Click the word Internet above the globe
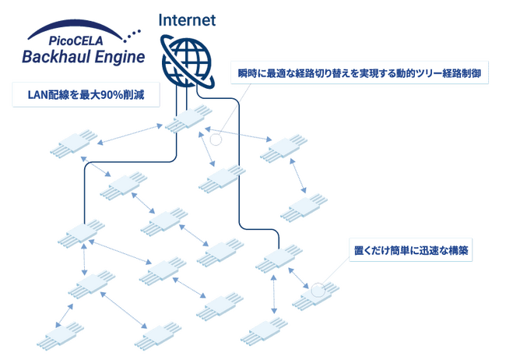tap(187, 20)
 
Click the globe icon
tap(188, 62)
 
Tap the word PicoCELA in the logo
tap(76, 41)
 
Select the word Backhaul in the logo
tap(56, 57)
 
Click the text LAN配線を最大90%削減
tap(86, 95)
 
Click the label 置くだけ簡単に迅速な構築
tap(411, 250)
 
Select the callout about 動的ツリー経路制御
tap(360, 73)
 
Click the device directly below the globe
tap(188, 118)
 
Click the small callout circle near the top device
tap(216, 139)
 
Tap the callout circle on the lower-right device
tap(318, 289)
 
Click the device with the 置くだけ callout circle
tap(315, 295)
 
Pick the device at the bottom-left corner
tap(60, 335)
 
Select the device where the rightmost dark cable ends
tap(279, 259)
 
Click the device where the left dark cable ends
tap(81, 234)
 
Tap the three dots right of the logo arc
tap(132, 36)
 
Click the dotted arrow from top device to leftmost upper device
tap(130, 134)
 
